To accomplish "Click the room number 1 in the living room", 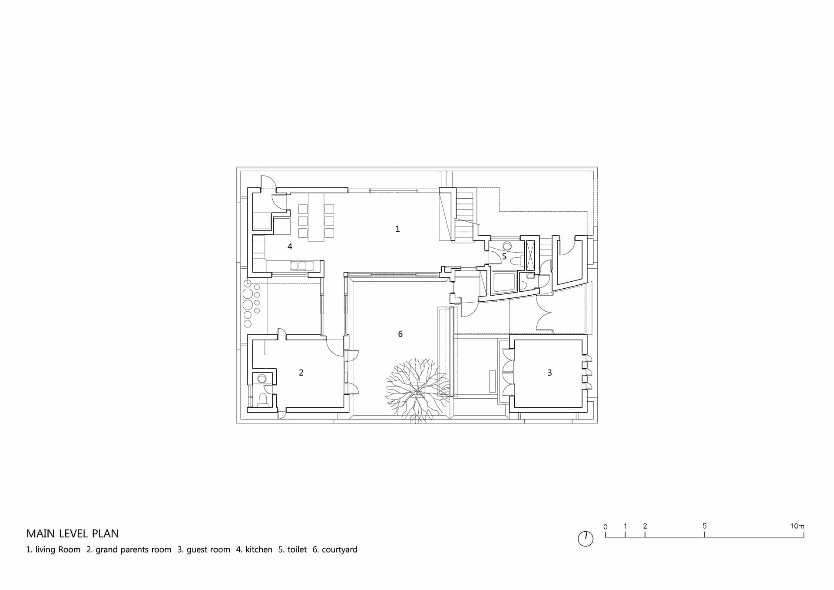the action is [x=397, y=229].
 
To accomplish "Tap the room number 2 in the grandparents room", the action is [x=301, y=373].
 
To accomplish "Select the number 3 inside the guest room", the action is [x=549, y=373].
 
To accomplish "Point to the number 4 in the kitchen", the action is [x=290, y=247].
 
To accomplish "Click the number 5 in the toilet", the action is [x=504, y=257].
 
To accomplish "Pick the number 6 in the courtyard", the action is [x=400, y=334].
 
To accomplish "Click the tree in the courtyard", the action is [x=417, y=390].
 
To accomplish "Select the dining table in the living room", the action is [x=316, y=217].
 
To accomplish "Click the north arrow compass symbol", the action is [x=586, y=539].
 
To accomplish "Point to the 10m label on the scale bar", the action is [x=798, y=526].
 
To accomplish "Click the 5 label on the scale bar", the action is [x=705, y=526].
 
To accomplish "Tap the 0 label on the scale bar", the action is [x=606, y=527].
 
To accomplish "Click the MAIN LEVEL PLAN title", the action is [x=73, y=533].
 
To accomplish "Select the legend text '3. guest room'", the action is [x=204, y=550].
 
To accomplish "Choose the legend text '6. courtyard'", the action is [x=335, y=550].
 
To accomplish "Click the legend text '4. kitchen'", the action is [x=254, y=550].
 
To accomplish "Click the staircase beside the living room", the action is [x=464, y=216].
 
